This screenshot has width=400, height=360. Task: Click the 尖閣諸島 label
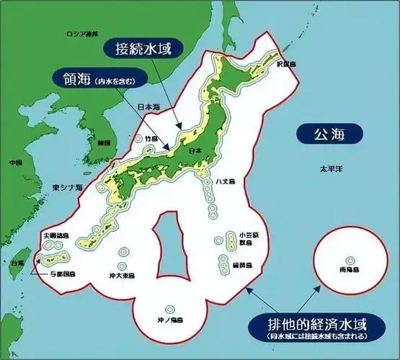pos(55,235)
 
